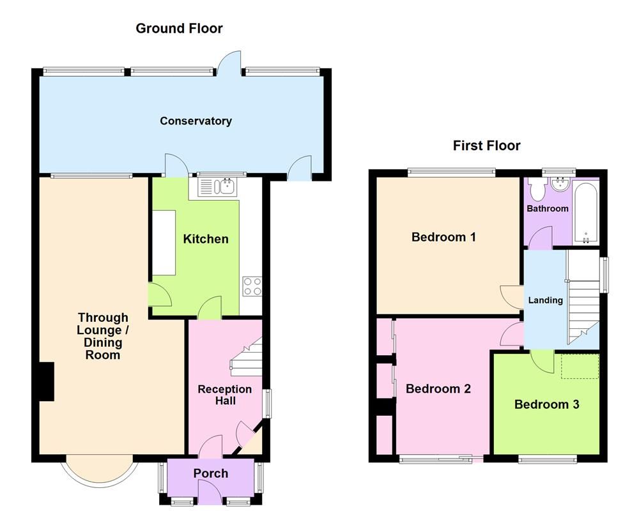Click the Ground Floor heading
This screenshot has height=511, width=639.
179,28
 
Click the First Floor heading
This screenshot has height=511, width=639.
486,146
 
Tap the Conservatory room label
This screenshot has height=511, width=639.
196,121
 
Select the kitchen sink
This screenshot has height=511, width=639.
217,187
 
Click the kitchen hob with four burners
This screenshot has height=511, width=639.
252,286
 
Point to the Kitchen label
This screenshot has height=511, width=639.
206,239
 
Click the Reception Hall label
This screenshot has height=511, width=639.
224,395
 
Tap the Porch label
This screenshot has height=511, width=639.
210,473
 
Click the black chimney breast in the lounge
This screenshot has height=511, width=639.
45,381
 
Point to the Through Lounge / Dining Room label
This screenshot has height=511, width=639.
103,336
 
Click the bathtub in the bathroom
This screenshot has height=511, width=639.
585,213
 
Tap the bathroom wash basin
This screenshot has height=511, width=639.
560,185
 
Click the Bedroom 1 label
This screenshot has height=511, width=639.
443,237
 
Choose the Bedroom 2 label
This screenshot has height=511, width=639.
438,388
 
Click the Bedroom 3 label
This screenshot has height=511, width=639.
546,404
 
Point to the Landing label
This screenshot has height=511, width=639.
545,300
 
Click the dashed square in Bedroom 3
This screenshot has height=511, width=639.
580,366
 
